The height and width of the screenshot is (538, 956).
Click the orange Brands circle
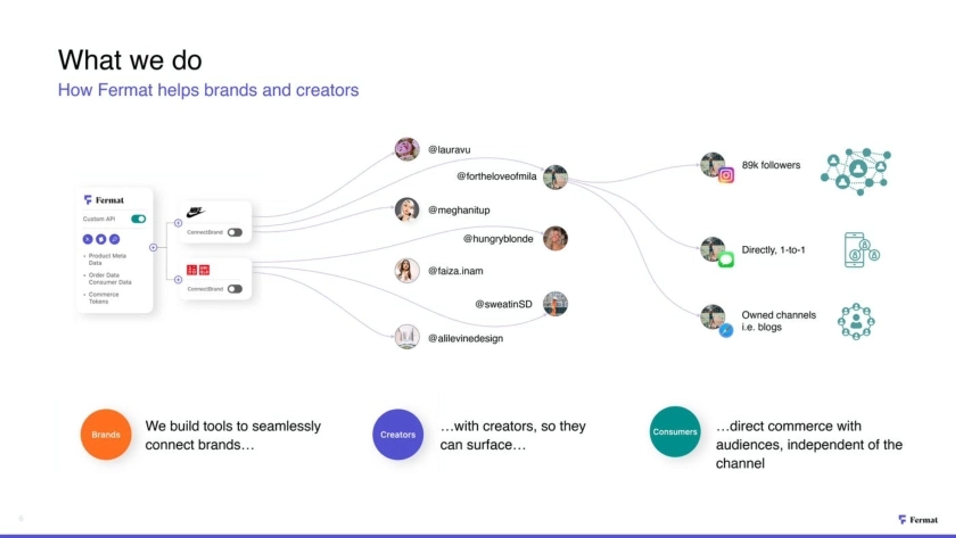click(106, 434)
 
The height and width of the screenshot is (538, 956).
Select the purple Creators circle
click(398, 434)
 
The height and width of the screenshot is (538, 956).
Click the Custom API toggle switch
click(138, 219)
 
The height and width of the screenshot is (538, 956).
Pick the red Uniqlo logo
click(198, 270)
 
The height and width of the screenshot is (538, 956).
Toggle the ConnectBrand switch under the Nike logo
click(235, 232)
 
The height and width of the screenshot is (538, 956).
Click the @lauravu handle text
click(449, 150)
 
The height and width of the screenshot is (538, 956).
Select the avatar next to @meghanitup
click(407, 210)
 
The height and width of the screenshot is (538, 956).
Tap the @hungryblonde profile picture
click(555, 239)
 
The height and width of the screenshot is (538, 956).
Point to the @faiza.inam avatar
click(407, 270)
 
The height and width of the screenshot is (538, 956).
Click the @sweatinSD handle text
click(504, 304)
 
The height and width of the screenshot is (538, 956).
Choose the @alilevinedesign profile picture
click(407, 337)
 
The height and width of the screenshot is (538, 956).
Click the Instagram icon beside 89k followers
click(726, 175)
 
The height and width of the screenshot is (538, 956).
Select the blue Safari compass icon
click(726, 330)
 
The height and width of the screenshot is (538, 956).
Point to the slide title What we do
click(130, 60)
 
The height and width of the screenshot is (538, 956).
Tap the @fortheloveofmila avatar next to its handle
click(555, 177)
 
